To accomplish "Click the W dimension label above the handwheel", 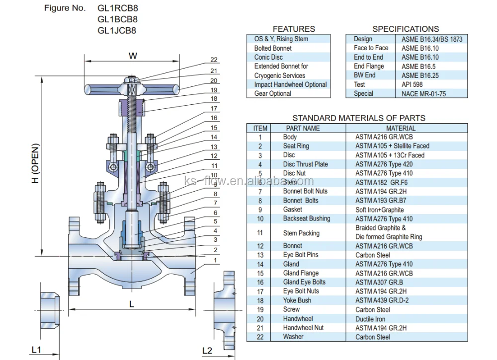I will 133,56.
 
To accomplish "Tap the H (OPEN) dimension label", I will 36,164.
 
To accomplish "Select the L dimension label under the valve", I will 132,304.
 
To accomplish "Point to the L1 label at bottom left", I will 36,350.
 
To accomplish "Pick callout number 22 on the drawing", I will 214,61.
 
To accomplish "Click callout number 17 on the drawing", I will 214,108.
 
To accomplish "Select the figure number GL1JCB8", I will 117,30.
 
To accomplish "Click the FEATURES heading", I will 294,29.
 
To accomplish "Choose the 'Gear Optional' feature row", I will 273,93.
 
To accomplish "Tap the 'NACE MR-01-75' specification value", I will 424,93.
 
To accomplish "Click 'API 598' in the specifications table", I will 413,84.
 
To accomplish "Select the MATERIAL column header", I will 407,128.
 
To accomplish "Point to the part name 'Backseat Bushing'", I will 307,218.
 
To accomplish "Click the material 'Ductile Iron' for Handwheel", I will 370,319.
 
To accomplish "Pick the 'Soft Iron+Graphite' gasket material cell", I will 380,210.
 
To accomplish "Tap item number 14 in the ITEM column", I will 260,264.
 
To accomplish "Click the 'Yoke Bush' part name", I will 297,300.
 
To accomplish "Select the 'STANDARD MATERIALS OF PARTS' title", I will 358,118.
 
